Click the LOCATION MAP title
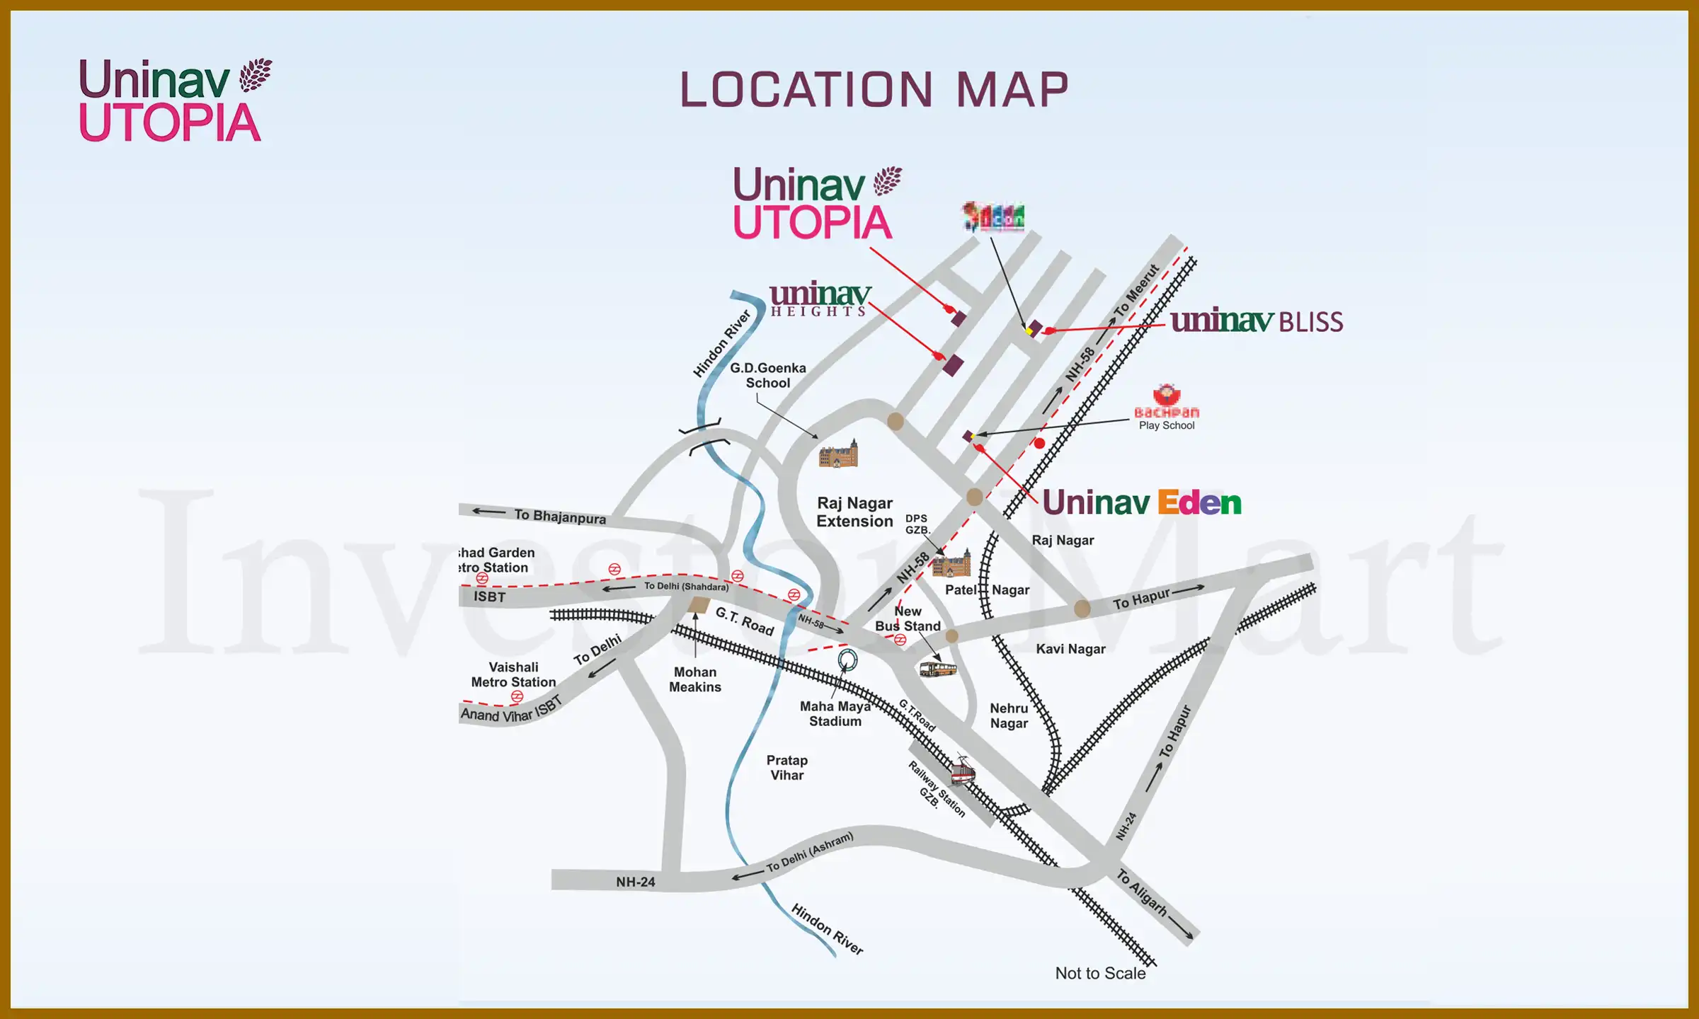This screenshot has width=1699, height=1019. tap(874, 90)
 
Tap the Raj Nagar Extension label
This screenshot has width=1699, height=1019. tap(854, 512)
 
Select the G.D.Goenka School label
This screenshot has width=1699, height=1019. tap(768, 375)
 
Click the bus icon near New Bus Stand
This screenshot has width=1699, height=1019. tap(937, 669)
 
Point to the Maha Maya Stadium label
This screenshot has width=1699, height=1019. tap(835, 713)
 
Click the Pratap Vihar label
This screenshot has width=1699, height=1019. tap(786, 768)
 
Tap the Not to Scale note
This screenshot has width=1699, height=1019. tap(1100, 973)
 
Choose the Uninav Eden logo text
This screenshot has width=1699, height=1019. tap(1142, 503)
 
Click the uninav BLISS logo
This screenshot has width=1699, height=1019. tap(1257, 321)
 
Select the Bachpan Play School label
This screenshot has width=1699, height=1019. tap(1167, 418)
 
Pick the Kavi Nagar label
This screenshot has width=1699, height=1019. tap(1070, 649)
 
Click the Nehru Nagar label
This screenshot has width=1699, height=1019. tap(1009, 715)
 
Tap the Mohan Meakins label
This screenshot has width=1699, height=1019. tap(695, 679)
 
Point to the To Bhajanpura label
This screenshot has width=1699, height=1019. tap(559, 516)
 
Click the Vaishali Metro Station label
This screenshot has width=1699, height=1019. tap(513, 674)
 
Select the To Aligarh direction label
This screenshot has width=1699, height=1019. tap(1141, 892)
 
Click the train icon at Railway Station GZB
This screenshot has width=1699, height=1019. tap(962, 771)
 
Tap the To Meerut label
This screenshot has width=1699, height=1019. tap(1135, 290)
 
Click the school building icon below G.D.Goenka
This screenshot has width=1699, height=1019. tap(838, 454)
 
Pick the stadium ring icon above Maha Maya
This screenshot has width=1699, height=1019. tap(847, 660)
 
